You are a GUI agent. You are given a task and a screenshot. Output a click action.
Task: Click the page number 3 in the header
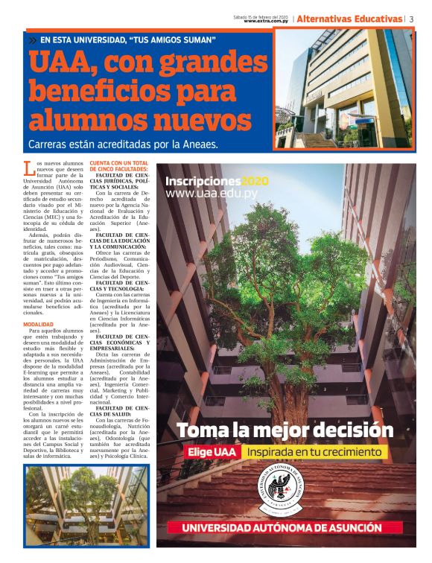click(x=411, y=19)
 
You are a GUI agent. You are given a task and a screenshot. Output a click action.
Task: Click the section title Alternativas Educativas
click(x=349, y=19)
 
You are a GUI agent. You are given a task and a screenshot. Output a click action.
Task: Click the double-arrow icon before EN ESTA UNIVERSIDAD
click(x=33, y=39)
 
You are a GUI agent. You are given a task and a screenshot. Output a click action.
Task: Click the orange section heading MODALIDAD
click(x=38, y=325)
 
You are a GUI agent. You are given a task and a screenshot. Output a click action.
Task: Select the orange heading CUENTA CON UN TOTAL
click(x=119, y=162)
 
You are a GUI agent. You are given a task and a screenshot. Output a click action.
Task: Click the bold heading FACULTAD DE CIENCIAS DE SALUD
click(x=119, y=412)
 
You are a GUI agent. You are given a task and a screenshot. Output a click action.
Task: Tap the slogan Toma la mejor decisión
click(x=285, y=430)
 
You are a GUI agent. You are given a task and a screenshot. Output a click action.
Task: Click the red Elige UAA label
click(x=212, y=452)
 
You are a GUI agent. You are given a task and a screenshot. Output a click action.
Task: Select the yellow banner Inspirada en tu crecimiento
click(x=317, y=452)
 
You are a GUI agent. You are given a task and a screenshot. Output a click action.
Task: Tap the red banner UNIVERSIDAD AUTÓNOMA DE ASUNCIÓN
click(x=285, y=528)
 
